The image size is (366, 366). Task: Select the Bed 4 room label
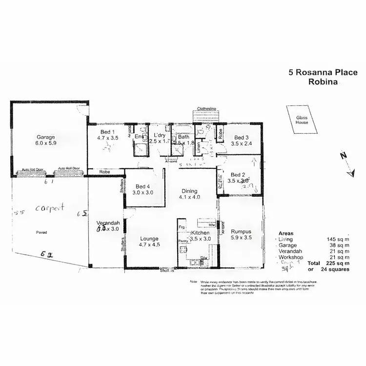click(x=142, y=186)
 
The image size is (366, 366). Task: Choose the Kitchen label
click(x=200, y=233)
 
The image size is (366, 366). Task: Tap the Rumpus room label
click(x=241, y=232)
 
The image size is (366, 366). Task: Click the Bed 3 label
click(x=241, y=137)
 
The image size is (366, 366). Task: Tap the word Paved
click(x=41, y=232)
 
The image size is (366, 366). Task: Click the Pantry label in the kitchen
click(x=183, y=242)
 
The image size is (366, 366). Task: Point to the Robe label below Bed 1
click(x=104, y=172)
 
